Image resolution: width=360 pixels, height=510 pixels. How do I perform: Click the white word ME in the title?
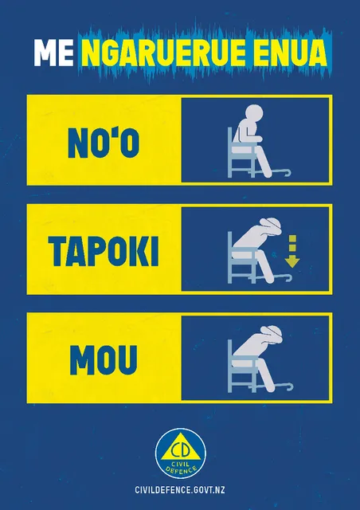(x=53, y=53)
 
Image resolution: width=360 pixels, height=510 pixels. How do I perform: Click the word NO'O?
(x=104, y=143)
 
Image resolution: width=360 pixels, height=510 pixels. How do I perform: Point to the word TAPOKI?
(x=104, y=252)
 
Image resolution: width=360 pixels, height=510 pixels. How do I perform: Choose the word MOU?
(x=104, y=360)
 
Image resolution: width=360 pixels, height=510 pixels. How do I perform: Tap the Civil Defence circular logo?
(x=181, y=453)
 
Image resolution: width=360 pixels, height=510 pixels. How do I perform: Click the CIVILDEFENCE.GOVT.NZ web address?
(x=180, y=490)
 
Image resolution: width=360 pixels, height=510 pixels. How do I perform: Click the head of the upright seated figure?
(x=253, y=113)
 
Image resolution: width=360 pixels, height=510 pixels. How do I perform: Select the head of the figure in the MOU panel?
(x=272, y=333)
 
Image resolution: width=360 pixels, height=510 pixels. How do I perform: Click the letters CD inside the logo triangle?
(x=181, y=451)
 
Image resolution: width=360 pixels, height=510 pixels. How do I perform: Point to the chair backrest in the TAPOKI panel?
(x=230, y=246)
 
